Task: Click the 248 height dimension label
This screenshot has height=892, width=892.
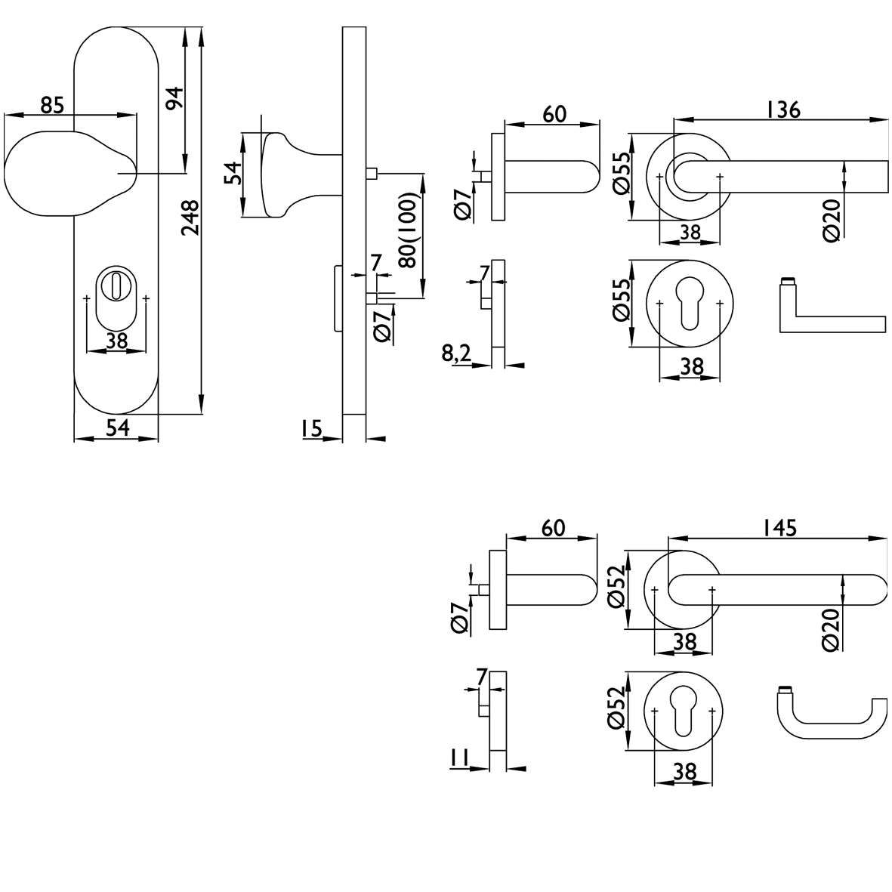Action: tap(190, 218)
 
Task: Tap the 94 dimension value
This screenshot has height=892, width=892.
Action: tap(174, 98)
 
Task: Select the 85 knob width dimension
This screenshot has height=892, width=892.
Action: tap(52, 105)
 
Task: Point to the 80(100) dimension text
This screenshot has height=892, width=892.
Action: tap(409, 230)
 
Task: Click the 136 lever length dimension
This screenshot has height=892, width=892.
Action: tap(783, 110)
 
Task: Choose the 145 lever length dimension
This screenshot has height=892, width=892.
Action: tap(780, 528)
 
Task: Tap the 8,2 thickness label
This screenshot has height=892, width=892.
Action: tap(456, 353)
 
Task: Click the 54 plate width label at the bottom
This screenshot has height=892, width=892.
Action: tap(118, 427)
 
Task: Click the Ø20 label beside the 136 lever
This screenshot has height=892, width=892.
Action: tap(832, 221)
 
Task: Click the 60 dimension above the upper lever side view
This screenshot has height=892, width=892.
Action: tap(554, 114)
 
